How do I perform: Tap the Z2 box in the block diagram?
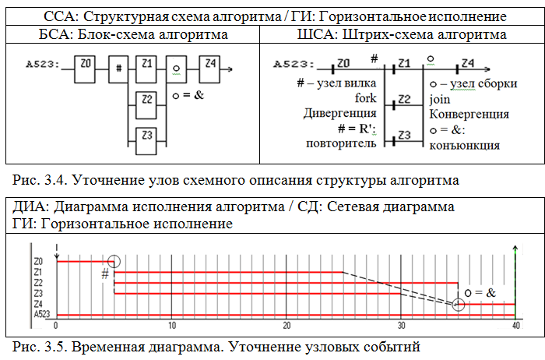coord(147,101)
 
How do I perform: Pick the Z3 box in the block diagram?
coord(147,136)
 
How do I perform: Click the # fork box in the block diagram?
coord(118,69)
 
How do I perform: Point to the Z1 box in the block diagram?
coord(147,69)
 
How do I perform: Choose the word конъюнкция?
coord(464,144)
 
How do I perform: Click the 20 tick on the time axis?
coord(287,326)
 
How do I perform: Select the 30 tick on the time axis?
coord(401,326)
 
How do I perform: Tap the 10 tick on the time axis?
coord(172,326)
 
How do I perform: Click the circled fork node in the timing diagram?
coord(114,263)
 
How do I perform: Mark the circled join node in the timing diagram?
coord(458,305)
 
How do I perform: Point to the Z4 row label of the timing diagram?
coord(38,303)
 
